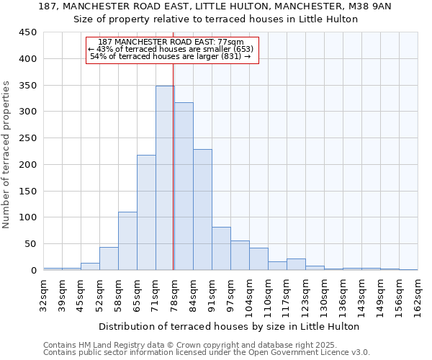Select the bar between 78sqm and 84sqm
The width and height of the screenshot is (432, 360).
184,186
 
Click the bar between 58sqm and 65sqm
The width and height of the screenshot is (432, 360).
127,241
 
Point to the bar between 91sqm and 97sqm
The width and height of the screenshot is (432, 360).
221,248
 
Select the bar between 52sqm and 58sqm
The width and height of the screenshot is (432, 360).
109,258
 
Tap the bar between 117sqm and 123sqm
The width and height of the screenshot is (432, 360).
296,264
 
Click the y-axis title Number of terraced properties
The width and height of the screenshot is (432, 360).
7,155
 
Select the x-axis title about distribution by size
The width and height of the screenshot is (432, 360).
228,326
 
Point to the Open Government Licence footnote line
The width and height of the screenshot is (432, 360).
207,352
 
